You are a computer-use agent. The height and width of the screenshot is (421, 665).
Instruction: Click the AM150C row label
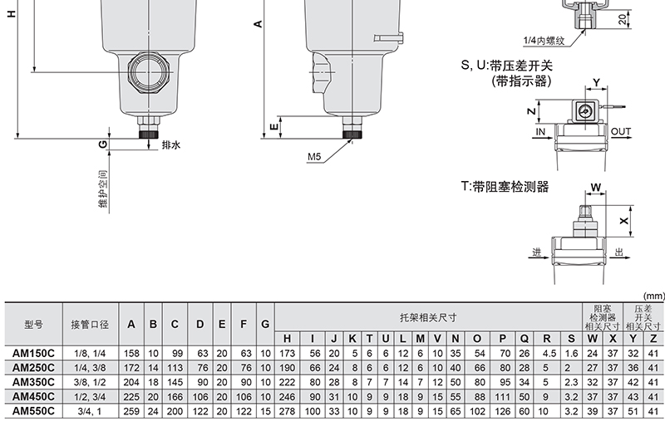(33, 353)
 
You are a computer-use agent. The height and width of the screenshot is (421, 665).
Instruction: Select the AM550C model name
(33, 411)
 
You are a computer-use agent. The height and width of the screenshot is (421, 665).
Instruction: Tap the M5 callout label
(314, 157)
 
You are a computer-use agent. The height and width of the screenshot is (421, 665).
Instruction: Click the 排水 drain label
(171, 144)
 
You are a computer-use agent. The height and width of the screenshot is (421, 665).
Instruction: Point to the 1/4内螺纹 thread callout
(544, 41)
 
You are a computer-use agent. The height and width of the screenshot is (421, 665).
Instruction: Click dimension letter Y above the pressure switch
(596, 82)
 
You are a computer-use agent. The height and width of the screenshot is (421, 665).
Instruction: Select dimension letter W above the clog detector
(596, 187)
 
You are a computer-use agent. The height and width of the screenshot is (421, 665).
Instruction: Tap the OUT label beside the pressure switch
(621, 132)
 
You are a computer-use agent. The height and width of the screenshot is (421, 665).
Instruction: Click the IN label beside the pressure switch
(539, 132)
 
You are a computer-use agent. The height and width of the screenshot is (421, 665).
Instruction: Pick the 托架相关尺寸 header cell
(428, 317)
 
